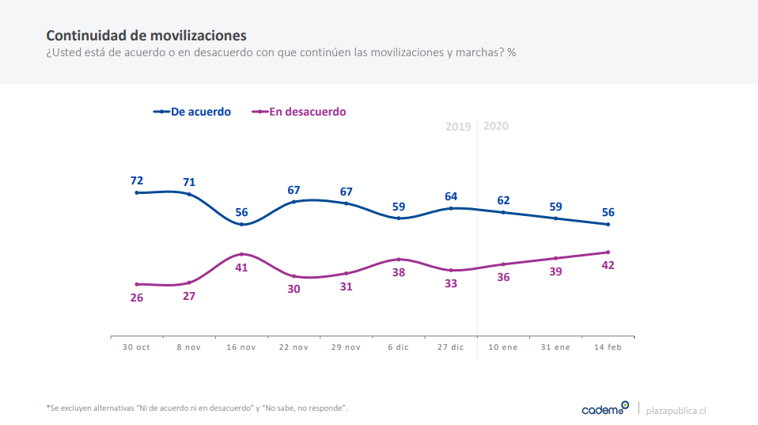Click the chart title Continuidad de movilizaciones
click(x=146, y=36)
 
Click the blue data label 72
click(x=137, y=180)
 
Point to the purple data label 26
click(x=137, y=298)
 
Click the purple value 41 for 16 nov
click(x=241, y=268)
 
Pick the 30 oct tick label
click(x=136, y=347)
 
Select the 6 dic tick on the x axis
click(x=399, y=347)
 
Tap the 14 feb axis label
click(x=608, y=347)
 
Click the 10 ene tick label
click(x=503, y=347)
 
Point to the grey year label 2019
click(x=458, y=127)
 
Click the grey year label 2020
click(x=496, y=126)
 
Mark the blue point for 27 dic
click(x=451, y=208)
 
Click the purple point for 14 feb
click(x=608, y=252)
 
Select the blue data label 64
click(x=451, y=196)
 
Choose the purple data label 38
click(x=399, y=272)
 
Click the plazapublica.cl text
click(x=677, y=410)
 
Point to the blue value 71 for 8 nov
click(x=189, y=182)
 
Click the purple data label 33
click(x=451, y=283)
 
